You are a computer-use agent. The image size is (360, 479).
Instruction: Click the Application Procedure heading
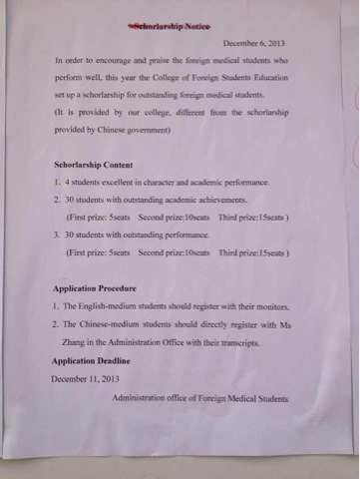(x=104, y=287)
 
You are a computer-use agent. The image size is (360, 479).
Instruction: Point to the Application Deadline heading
(x=99, y=360)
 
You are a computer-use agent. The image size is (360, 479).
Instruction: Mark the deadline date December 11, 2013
(x=88, y=378)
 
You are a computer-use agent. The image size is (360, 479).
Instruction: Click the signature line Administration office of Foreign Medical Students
(x=200, y=397)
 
